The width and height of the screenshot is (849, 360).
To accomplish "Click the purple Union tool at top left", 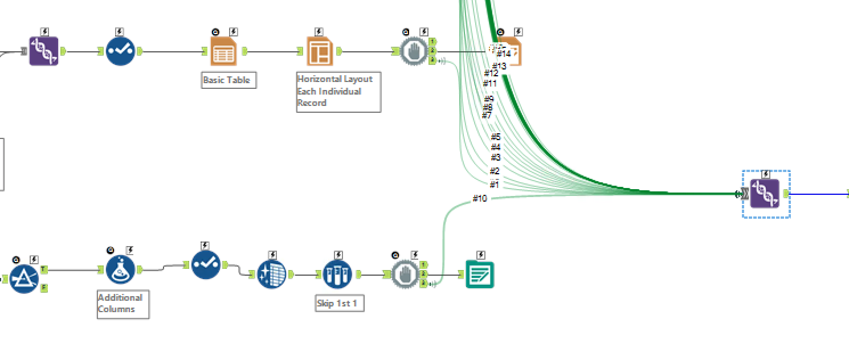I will point(44,51).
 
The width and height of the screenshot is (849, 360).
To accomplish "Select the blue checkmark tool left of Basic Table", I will point(120,51).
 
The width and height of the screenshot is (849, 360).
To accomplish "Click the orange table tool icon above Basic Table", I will point(223,51).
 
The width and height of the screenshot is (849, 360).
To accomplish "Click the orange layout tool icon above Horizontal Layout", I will point(319,51).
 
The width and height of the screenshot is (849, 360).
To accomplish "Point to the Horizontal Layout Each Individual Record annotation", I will point(338,91).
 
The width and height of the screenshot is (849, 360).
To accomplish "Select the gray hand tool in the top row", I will point(414,52).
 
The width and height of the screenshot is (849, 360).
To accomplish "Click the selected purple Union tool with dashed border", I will point(765,194).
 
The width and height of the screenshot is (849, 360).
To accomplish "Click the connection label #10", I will point(480,198).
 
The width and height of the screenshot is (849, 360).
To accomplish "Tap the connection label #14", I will point(503,54).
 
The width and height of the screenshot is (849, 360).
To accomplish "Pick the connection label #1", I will point(494,184).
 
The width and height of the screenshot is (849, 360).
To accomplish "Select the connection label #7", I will point(486,116).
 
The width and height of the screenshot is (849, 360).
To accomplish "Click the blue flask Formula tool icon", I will point(120,269).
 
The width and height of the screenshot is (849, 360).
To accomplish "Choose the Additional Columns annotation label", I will point(123,303).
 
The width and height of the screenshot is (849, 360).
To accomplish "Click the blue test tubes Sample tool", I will point(337,275).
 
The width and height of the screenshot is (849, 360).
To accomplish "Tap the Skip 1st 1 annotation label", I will point(339,303).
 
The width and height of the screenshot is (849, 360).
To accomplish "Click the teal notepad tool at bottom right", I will point(480,275).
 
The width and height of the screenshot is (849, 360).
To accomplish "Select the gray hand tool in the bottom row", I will point(405,275).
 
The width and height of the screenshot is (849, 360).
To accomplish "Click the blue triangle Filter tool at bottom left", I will point(25,279).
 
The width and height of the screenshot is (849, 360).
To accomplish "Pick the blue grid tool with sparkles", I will point(271,275).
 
